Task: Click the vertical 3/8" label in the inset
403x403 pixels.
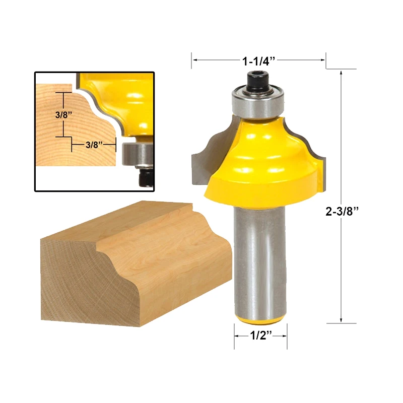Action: point(64,114)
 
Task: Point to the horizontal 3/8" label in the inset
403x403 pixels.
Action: point(94,145)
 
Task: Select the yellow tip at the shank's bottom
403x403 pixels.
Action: point(260,318)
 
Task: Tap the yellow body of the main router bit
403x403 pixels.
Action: point(262,161)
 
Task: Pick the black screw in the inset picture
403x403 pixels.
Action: point(146,177)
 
